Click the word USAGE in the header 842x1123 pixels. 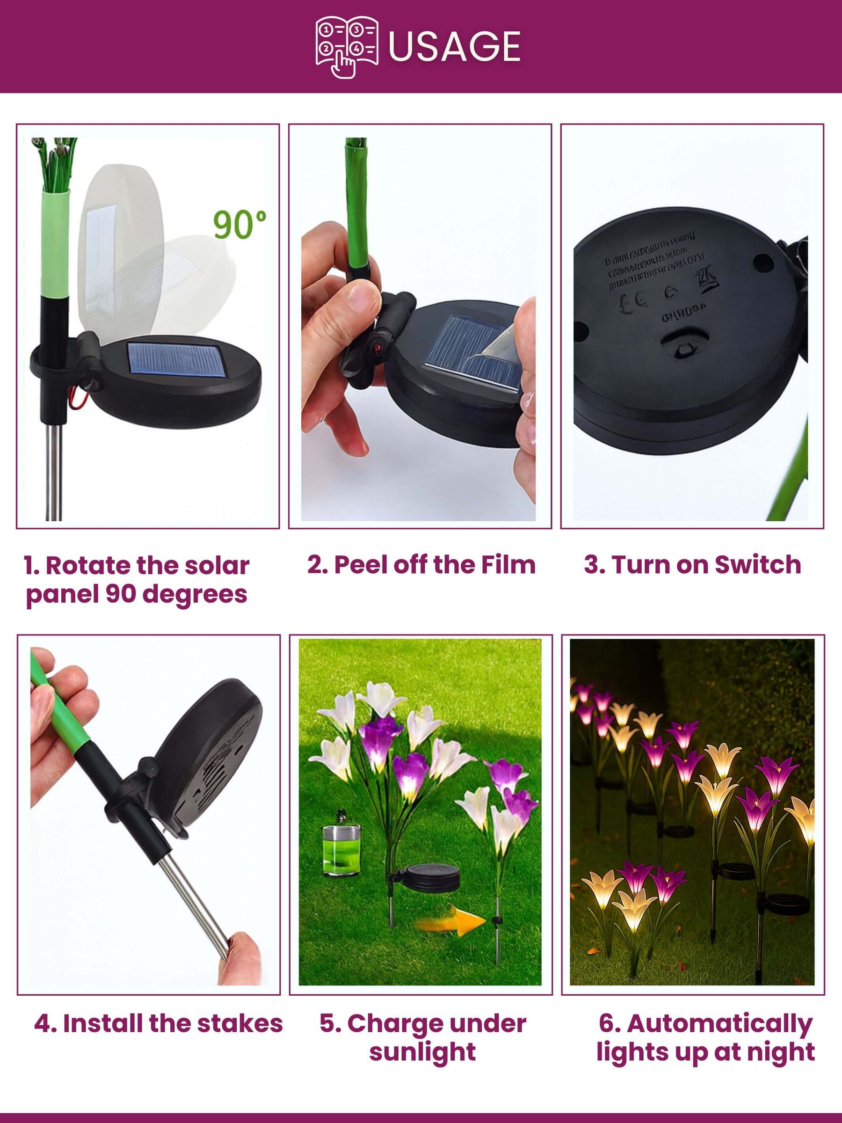pyautogui.click(x=454, y=47)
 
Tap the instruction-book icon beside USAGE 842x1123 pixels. pyautogui.click(x=347, y=47)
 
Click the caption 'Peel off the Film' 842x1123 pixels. pyautogui.click(x=421, y=565)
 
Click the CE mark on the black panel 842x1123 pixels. pyautogui.click(x=633, y=301)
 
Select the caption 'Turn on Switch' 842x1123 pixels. pyautogui.click(x=692, y=565)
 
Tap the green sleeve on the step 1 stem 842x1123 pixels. pyautogui.click(x=55, y=244)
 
